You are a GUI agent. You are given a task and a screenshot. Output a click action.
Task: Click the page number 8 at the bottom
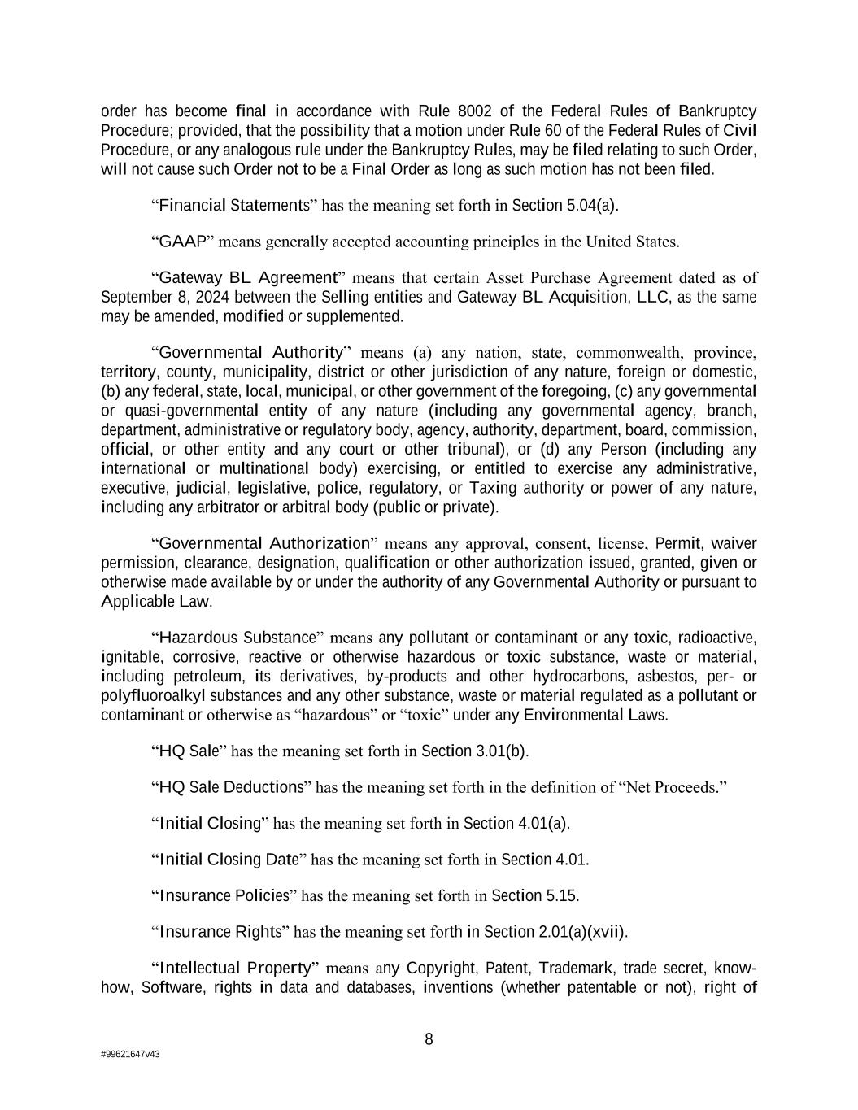pos(429,1039)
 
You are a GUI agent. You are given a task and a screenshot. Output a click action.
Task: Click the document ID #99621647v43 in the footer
pos(130,1054)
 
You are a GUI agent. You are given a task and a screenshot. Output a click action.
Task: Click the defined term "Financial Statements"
pos(233,205)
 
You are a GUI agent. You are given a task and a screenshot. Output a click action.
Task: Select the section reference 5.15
pos(562,895)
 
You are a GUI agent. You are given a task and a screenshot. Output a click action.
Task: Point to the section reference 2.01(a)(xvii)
pos(581,932)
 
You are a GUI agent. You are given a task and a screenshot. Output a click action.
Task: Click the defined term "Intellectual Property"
pos(236,968)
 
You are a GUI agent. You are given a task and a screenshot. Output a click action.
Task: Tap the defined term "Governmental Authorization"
pos(263,543)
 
